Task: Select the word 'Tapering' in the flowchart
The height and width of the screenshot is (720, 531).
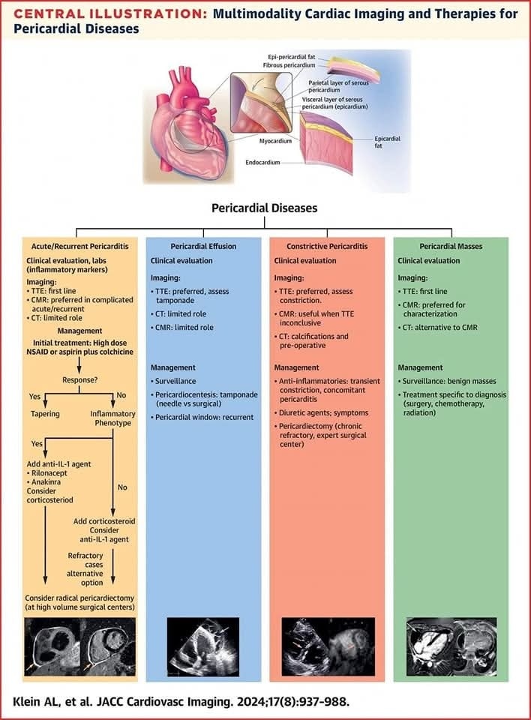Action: [44, 412]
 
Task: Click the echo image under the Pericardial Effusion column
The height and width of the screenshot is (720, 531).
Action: [202, 646]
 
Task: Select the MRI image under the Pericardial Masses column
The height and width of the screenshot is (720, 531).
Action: [451, 646]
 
